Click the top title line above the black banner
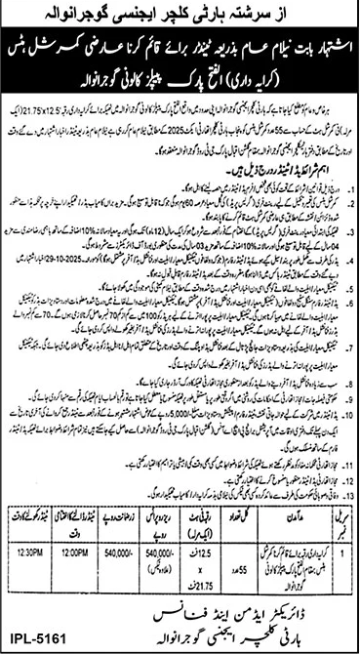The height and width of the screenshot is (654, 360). (x=180, y=17)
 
